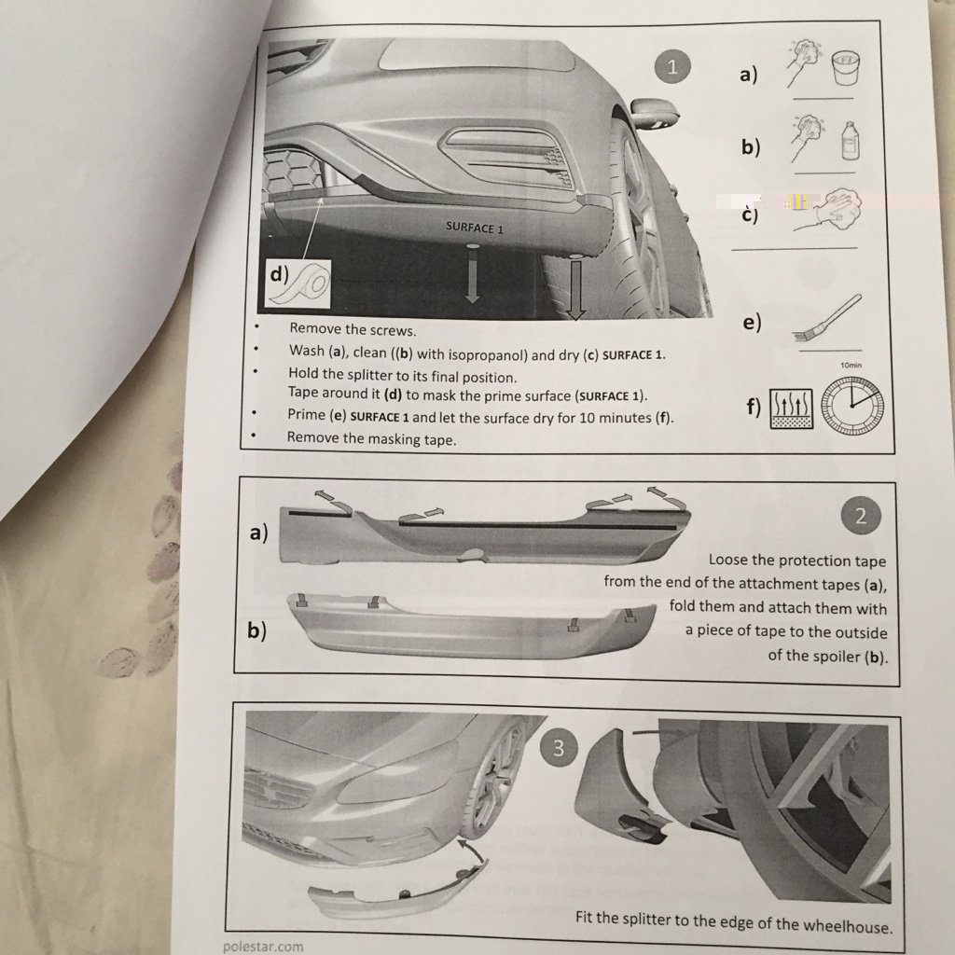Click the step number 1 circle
[672, 66]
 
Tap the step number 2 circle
[860, 517]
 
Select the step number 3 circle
[558, 748]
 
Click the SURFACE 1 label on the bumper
[475, 228]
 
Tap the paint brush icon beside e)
[828, 318]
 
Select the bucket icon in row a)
[847, 68]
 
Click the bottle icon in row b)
[851, 142]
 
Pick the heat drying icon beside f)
[792, 408]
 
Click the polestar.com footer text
[263, 946]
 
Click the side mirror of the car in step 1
[655, 112]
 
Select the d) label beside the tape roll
[280, 274]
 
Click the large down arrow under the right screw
[574, 288]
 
